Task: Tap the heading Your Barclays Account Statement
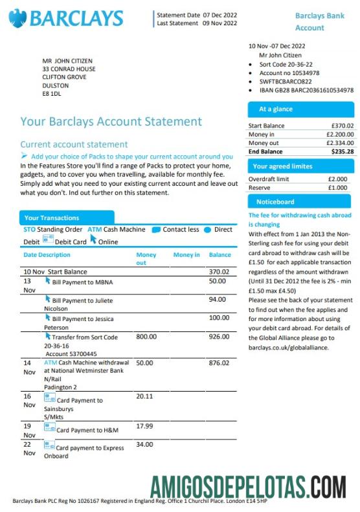(111, 122)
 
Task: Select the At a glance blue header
(301, 109)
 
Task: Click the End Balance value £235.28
(343, 151)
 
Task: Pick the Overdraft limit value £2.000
(337, 179)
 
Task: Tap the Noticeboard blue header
(301, 202)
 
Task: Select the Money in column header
(186, 255)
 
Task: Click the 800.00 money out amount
(146, 337)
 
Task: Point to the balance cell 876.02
(219, 363)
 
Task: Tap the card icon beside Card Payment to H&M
(49, 429)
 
